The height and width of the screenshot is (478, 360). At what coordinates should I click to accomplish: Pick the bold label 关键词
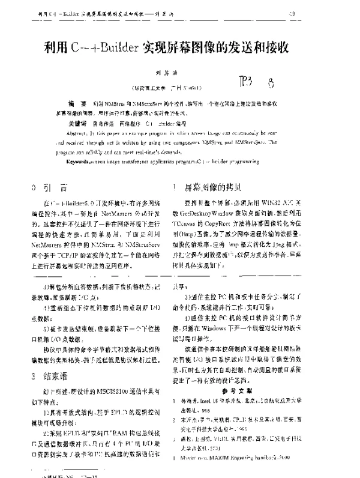tap(78, 121)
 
